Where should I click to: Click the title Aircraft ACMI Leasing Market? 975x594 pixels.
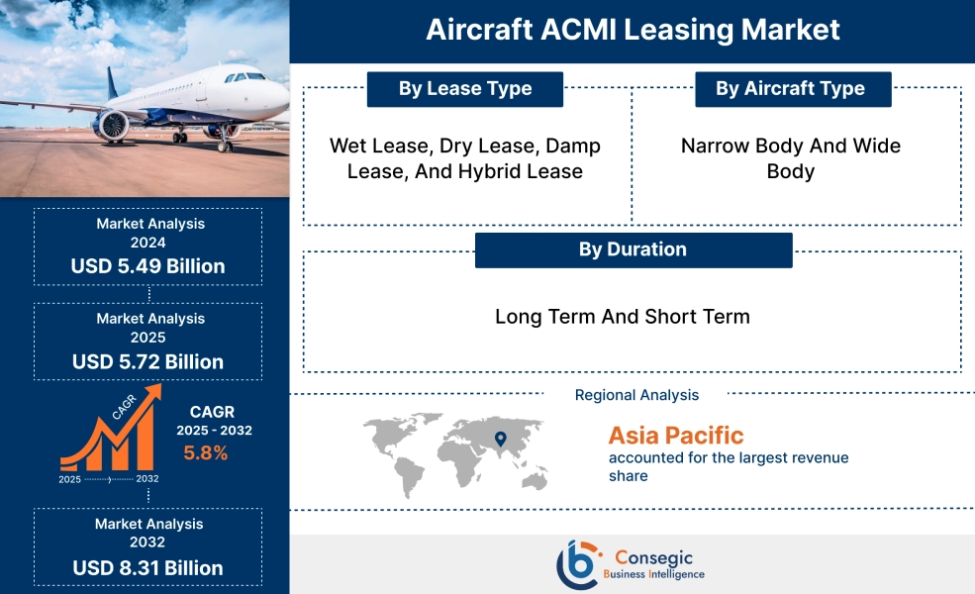[633, 30]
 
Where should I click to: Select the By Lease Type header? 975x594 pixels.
[465, 89]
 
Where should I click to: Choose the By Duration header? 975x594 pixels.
[633, 249]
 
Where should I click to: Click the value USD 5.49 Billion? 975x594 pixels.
[147, 266]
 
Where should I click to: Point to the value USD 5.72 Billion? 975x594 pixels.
[147, 361]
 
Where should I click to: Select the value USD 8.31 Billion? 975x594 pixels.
[147, 568]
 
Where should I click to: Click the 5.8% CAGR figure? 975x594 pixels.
[206, 453]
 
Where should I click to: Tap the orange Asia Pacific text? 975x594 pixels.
[676, 436]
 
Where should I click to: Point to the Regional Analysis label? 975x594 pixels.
[636, 395]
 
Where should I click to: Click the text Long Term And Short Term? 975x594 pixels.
[623, 317]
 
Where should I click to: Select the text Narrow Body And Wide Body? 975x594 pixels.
[791, 158]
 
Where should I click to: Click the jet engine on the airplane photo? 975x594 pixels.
[112, 124]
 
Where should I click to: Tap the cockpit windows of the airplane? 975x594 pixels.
[244, 76]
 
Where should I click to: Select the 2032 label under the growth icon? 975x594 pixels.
[146, 479]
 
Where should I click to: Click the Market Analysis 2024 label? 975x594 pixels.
[150, 233]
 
